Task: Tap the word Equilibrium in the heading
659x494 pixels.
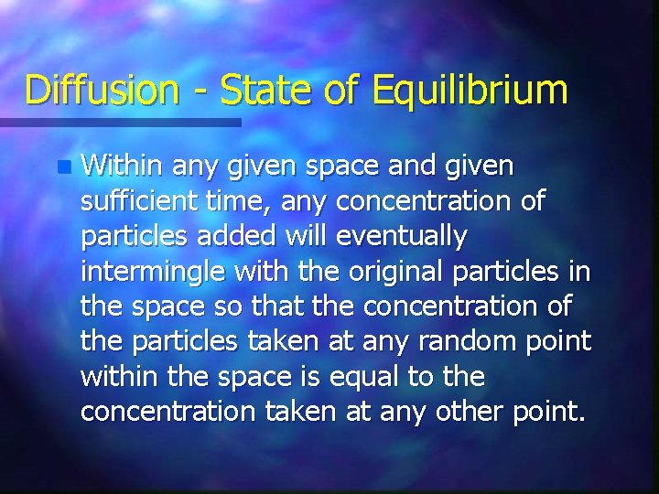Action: click(470, 91)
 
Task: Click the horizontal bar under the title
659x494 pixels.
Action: click(119, 122)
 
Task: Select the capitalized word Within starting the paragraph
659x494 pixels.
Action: click(119, 166)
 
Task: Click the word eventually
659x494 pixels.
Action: click(405, 238)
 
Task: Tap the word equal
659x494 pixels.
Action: click(363, 377)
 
